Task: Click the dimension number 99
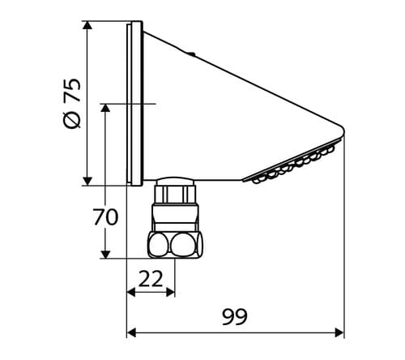coord(235,316)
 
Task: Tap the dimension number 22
coord(151,279)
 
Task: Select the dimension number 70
coord(105,217)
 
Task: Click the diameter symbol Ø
coord(72,118)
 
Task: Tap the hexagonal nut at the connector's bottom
coord(175,244)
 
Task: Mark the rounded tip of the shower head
coord(341,131)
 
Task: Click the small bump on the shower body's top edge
coord(190,55)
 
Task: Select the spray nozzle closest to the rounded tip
coord(330,149)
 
